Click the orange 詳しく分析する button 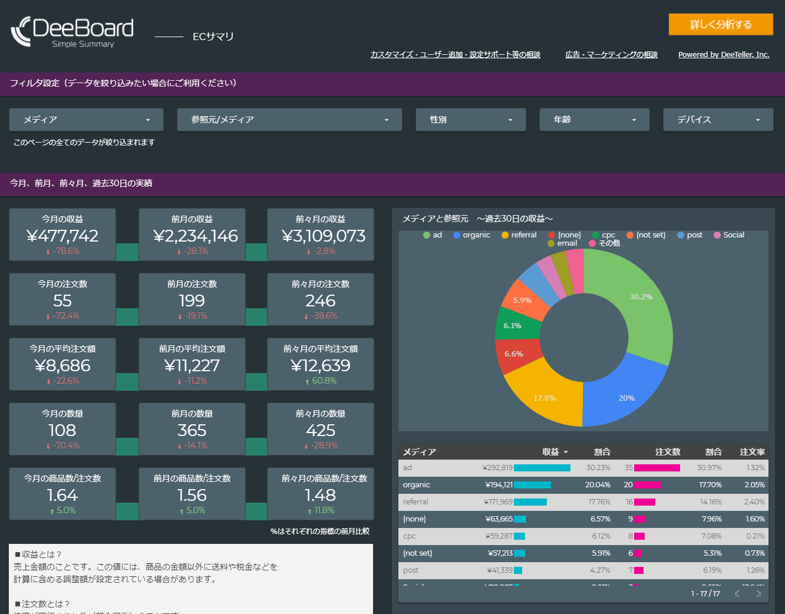pos(720,24)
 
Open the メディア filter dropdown pos(87,120)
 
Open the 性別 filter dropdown pos(470,120)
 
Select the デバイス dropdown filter pos(717,120)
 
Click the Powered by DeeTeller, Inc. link pos(723,55)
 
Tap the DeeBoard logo pos(72,32)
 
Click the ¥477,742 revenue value pos(62,236)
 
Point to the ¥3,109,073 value pos(323,236)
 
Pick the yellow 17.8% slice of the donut pos(545,395)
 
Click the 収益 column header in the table pos(551,452)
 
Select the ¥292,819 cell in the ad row pos(497,468)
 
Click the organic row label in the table pos(416,485)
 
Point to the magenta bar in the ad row pos(657,468)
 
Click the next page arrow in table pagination pos(758,593)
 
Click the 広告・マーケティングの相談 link pos(611,55)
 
